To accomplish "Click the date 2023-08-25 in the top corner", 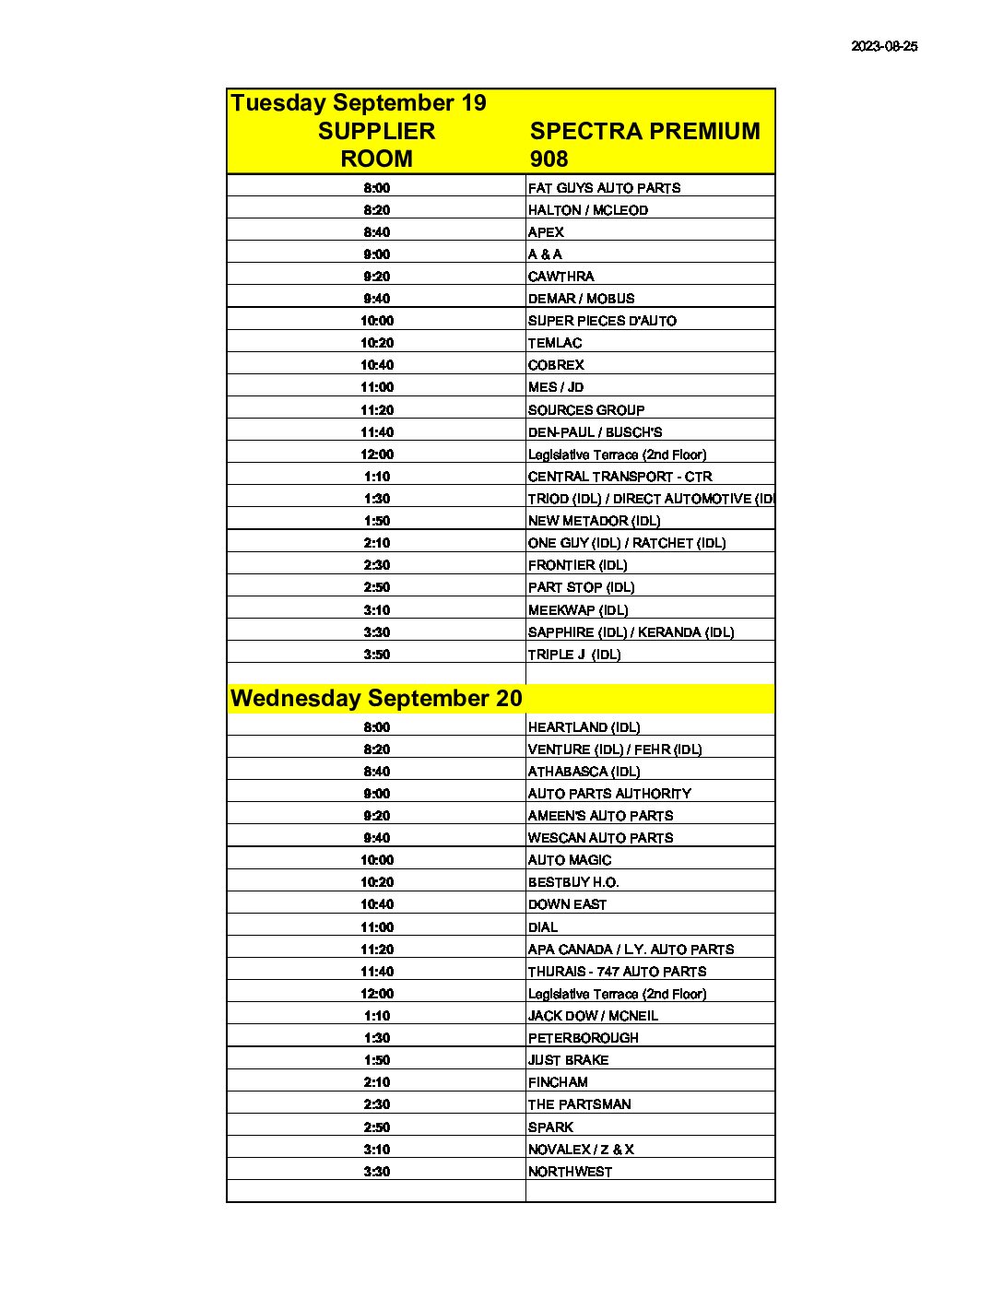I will (x=883, y=46).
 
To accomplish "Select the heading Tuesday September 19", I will (x=358, y=102).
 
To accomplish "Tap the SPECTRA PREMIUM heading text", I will (x=644, y=131).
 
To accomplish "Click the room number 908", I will (x=549, y=159).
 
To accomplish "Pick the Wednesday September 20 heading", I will (x=376, y=698).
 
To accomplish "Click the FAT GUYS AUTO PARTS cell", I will (x=604, y=188).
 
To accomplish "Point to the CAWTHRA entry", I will (x=560, y=277).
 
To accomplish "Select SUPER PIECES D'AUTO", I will (x=602, y=321).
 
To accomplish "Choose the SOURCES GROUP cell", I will (x=586, y=410).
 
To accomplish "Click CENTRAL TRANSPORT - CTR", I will (x=619, y=477).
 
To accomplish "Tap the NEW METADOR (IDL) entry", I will (x=594, y=521).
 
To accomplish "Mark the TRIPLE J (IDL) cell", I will (x=574, y=655).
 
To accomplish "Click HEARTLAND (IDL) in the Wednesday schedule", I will (x=584, y=727).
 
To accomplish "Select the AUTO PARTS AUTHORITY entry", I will (x=609, y=794).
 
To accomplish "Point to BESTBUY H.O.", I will (x=573, y=882).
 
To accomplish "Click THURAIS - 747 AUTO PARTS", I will (x=617, y=972).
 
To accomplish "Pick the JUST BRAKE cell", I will (x=568, y=1060).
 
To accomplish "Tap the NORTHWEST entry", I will (x=570, y=1172).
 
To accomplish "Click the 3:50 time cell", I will (x=376, y=655).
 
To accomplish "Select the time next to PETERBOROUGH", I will (x=376, y=1038).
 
